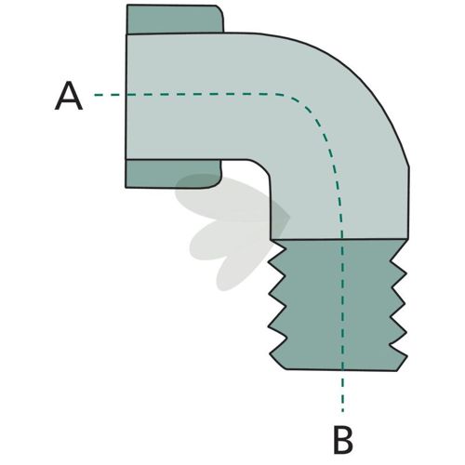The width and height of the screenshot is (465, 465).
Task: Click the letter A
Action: tap(69, 96)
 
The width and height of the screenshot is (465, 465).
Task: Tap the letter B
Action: tap(343, 440)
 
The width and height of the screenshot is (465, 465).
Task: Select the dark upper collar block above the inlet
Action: tap(175, 20)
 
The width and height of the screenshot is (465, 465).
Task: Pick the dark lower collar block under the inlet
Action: tap(173, 174)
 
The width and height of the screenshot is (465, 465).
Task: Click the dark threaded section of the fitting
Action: tap(338, 305)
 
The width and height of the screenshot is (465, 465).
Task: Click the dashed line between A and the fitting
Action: tap(110, 95)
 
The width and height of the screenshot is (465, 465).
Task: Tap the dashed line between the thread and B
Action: tap(342, 392)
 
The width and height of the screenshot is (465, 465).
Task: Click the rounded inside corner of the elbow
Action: tap(263, 167)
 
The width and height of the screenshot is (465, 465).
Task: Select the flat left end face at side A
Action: tap(126, 96)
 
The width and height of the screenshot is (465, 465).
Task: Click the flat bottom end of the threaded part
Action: tap(341, 370)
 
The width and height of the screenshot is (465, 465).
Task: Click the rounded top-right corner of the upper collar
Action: tap(219, 8)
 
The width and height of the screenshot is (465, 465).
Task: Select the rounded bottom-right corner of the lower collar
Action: tap(217, 184)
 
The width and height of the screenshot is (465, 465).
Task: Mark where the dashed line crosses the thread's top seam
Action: tap(342, 239)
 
